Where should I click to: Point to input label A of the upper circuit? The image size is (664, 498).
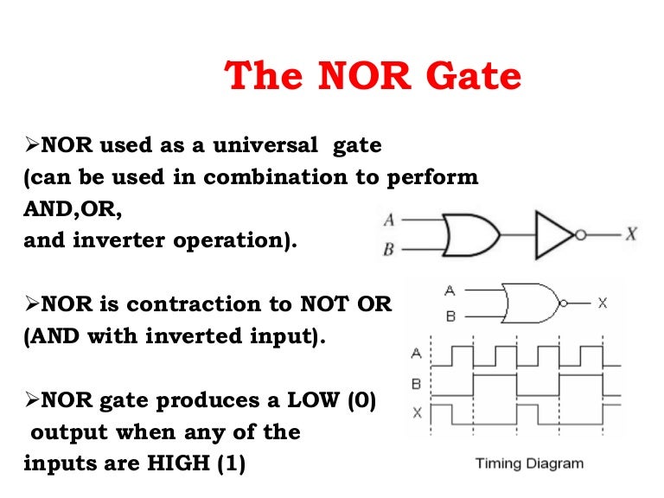click(x=389, y=220)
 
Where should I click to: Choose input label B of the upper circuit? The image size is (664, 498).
click(x=389, y=250)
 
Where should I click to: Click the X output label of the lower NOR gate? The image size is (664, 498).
click(x=602, y=303)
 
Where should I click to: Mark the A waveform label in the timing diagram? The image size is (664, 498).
click(x=417, y=353)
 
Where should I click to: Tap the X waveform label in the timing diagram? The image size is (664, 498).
click(x=417, y=412)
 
